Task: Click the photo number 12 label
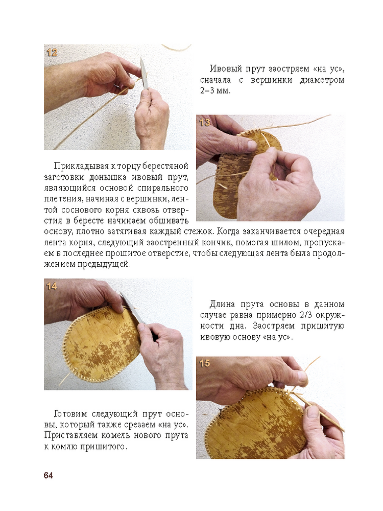coord(52,53)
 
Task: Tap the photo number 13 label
coord(205,123)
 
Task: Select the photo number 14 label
coord(52,287)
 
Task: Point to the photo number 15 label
coord(205,363)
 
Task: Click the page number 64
coord(48,475)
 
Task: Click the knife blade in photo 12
coord(143,73)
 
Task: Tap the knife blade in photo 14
coord(132,308)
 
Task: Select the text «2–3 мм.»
coord(216,90)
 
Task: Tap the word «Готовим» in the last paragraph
coord(70,414)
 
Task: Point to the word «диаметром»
coord(322,80)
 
